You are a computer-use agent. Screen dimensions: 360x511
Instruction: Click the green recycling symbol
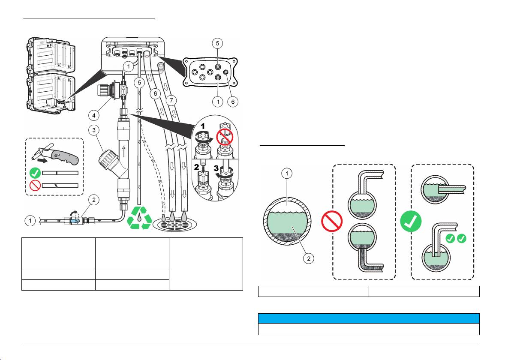[140, 216]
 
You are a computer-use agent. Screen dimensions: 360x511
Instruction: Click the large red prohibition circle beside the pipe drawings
[332, 222]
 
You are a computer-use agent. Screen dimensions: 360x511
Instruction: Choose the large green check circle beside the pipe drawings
[411, 222]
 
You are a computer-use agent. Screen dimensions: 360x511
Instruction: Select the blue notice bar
[368, 318]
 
